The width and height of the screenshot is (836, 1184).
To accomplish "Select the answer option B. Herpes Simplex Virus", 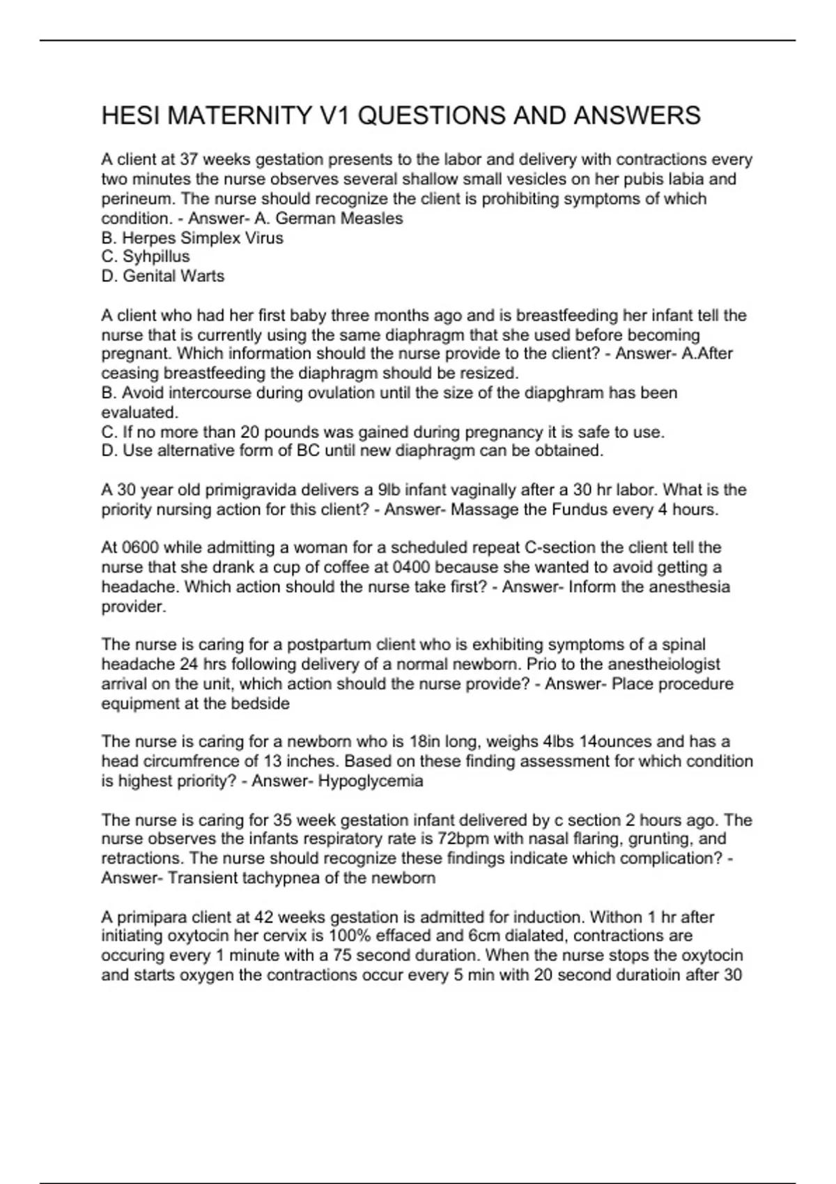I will pos(192,238).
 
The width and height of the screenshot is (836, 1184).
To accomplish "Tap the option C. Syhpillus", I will pos(146,257).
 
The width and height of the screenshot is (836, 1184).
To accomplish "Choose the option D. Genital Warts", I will pos(163,276).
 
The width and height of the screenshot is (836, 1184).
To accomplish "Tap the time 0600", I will pos(140,548).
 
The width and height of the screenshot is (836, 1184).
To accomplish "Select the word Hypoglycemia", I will pos(371,781).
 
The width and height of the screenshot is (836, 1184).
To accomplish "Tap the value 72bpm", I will pos(463,839).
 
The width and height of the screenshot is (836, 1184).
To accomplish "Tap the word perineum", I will pos(135,199).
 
